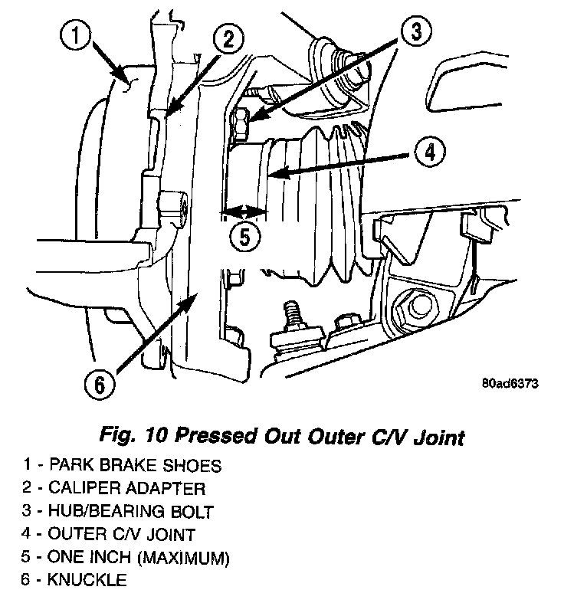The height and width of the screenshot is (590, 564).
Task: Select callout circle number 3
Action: coord(415,33)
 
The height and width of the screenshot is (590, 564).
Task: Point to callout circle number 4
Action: coord(429,152)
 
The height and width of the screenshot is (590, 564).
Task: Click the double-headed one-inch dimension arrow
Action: coord(243,210)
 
